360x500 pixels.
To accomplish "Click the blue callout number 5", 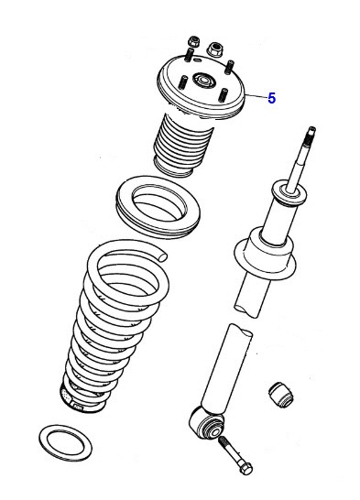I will tap(271, 99).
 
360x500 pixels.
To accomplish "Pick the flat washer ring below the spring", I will tap(67, 441).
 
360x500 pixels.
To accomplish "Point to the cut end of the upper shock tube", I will tap(250, 302).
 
